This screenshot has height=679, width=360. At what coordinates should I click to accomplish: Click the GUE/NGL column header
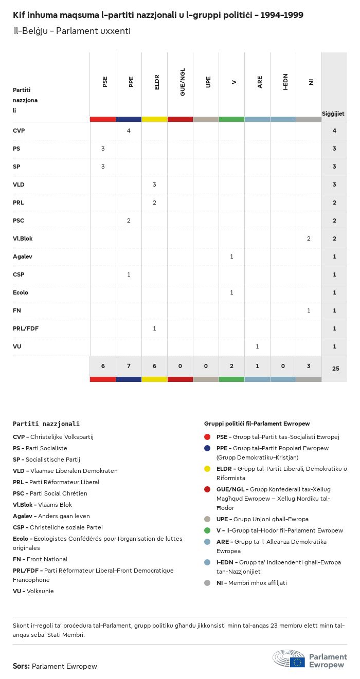pyautogui.click(x=183, y=84)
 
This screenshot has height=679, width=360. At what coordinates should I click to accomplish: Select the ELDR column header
pyautogui.click(x=157, y=83)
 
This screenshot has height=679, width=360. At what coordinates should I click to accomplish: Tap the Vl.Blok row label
pyautogui.click(x=23, y=238)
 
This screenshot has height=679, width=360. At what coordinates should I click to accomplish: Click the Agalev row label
pyautogui.click(x=23, y=256)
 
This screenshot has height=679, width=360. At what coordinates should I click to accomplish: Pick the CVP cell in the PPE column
pyautogui.click(x=129, y=131)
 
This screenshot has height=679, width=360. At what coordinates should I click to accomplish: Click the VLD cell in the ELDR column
pyautogui.click(x=154, y=185)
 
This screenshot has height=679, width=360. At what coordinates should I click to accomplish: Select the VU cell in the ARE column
pyautogui.click(x=257, y=346)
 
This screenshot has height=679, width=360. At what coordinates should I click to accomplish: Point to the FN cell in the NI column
pyautogui.click(x=309, y=310)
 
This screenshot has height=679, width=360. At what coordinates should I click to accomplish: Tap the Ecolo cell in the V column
pyautogui.click(x=231, y=292)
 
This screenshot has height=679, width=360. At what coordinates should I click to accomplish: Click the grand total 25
pyautogui.click(x=334, y=369)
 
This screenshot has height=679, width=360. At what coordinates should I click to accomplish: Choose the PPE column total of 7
pyautogui.click(x=129, y=366)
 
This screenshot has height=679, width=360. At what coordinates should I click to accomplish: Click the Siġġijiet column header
pyautogui.click(x=333, y=114)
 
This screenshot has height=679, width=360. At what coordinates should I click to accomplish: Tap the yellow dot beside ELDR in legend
pyautogui.click(x=207, y=469)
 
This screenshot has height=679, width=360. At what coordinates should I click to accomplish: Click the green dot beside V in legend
pyautogui.click(x=207, y=530)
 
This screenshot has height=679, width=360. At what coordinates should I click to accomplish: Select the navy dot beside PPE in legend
pyautogui.click(x=207, y=448)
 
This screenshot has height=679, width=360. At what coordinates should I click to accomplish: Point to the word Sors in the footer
pyautogui.click(x=21, y=666)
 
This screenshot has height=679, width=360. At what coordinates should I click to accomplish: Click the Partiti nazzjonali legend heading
pyautogui.click(x=46, y=424)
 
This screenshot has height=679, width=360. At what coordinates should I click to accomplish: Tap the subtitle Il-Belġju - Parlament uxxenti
pyautogui.click(x=72, y=31)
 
